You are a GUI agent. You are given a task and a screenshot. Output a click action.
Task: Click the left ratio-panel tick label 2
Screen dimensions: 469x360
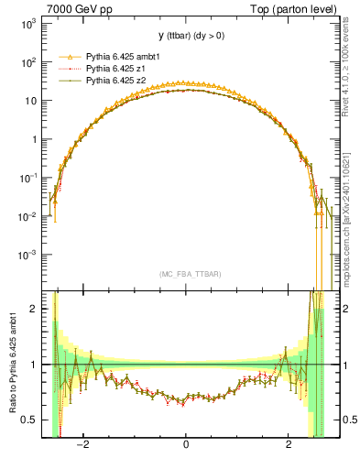pyautogui.click(x=34, y=309)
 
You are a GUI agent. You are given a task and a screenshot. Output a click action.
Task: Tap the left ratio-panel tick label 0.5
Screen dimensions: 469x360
pyautogui.click(x=29, y=420)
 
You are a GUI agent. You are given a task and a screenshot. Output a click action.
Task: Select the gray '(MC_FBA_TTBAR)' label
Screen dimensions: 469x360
pyautogui.click(x=186, y=274)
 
